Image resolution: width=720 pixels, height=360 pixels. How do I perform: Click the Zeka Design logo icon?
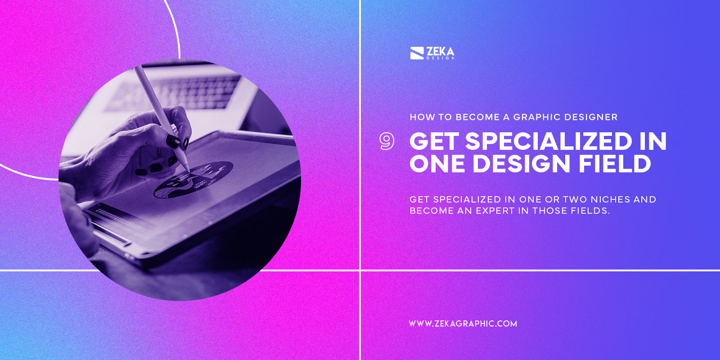click(417, 53)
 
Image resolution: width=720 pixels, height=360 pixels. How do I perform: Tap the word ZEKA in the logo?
click(440, 52)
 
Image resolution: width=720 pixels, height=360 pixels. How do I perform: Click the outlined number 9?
click(387, 141)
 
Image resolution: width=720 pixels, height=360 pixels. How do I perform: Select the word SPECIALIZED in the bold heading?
click(549, 141)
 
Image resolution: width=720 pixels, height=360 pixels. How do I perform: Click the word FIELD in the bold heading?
click(615, 163)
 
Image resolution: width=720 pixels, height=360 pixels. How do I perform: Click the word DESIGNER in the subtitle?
click(591, 117)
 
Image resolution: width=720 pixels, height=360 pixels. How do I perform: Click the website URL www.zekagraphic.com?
click(463, 324)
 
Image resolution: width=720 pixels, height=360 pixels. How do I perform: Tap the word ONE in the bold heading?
click(437, 163)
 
